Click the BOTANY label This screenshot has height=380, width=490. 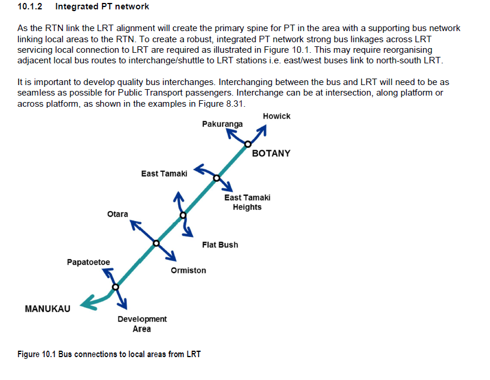(271, 154)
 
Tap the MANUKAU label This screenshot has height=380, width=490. (47, 308)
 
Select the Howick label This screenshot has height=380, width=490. (277, 116)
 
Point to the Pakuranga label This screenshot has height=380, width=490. (222, 124)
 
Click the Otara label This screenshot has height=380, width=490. (117, 214)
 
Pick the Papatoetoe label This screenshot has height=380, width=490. (89, 262)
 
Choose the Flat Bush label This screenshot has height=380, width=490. (220, 245)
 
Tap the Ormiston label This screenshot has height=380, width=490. (188, 270)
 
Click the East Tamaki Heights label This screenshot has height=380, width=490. (247, 202)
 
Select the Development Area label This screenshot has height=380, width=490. (142, 324)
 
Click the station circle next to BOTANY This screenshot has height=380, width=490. (248, 144)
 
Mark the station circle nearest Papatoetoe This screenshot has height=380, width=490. (115, 287)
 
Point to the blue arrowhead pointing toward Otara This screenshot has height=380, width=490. (134, 223)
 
